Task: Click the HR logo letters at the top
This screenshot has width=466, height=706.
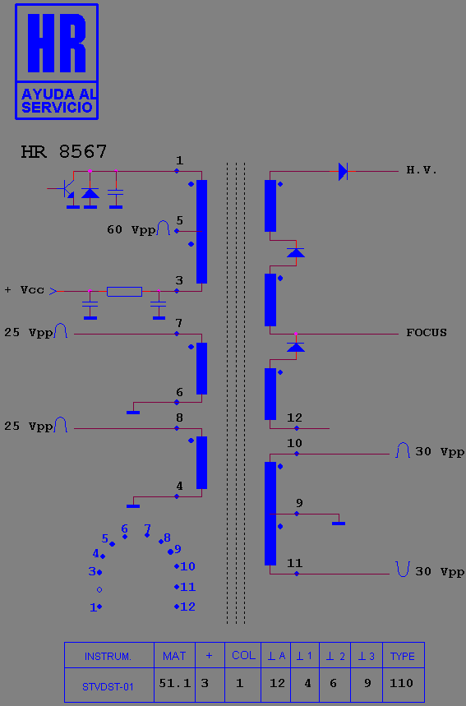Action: click(x=57, y=43)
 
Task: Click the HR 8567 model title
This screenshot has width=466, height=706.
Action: click(x=64, y=152)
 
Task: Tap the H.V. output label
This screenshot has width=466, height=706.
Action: click(x=422, y=170)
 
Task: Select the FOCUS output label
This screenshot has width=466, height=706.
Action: click(x=427, y=333)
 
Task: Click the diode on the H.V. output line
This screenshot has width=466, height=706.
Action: click(x=343, y=171)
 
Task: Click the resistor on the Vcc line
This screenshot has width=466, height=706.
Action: click(x=124, y=291)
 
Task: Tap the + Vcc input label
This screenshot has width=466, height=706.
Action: click(x=25, y=290)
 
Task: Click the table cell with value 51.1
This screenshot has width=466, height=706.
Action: click(x=175, y=683)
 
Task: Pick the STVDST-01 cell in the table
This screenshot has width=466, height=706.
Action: click(x=108, y=686)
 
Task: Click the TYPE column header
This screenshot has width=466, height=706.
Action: click(x=403, y=656)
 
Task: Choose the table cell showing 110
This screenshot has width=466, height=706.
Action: click(x=401, y=683)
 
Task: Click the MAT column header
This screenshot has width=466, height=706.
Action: click(x=174, y=656)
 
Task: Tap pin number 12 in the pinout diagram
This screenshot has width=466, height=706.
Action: click(x=187, y=607)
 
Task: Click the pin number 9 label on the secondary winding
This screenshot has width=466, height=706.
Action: click(x=299, y=502)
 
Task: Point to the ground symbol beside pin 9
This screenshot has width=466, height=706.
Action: click(x=339, y=524)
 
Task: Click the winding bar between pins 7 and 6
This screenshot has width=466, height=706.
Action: click(x=201, y=368)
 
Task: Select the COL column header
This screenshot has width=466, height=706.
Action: click(x=243, y=655)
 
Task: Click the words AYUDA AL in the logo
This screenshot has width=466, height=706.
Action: click(x=58, y=94)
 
